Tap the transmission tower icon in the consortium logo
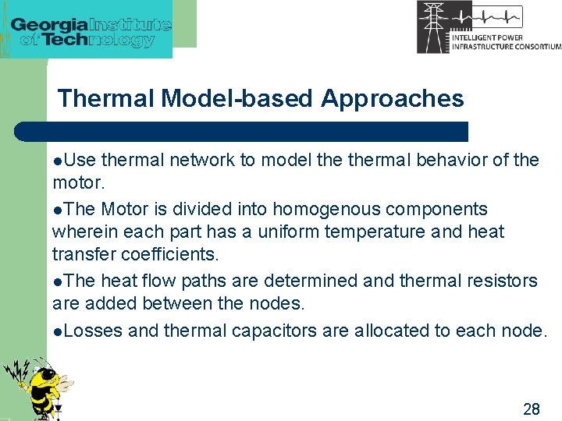pyautogui.click(x=432, y=27)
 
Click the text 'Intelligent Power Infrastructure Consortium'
pyautogui.click(x=506, y=41)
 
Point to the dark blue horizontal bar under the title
pyautogui.click(x=242, y=132)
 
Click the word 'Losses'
pyautogui.click(x=93, y=331)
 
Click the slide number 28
pyautogui.click(x=531, y=409)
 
